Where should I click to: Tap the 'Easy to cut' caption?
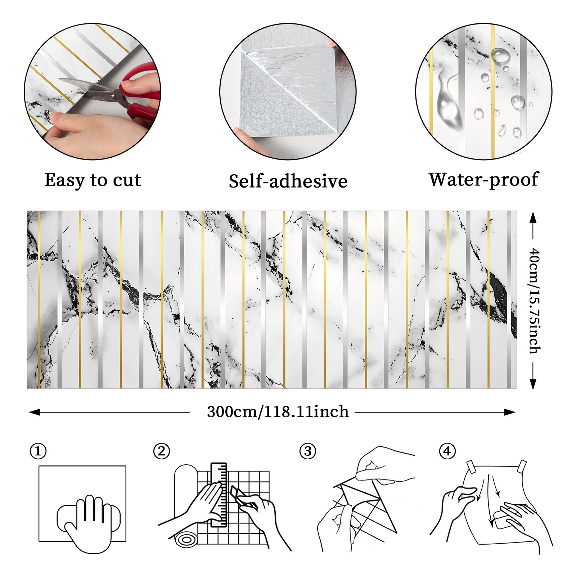(93, 180)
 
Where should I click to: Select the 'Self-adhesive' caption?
(288, 181)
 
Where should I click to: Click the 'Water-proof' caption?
(483, 180)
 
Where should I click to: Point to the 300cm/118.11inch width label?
(278, 412)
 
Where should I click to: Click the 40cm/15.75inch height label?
(535, 301)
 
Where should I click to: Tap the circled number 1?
(38, 451)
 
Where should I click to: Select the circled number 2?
(162, 451)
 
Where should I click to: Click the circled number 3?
(308, 451)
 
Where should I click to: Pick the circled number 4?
(447, 451)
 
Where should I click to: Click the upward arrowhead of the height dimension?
(533, 217)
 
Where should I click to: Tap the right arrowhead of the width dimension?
(510, 412)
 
